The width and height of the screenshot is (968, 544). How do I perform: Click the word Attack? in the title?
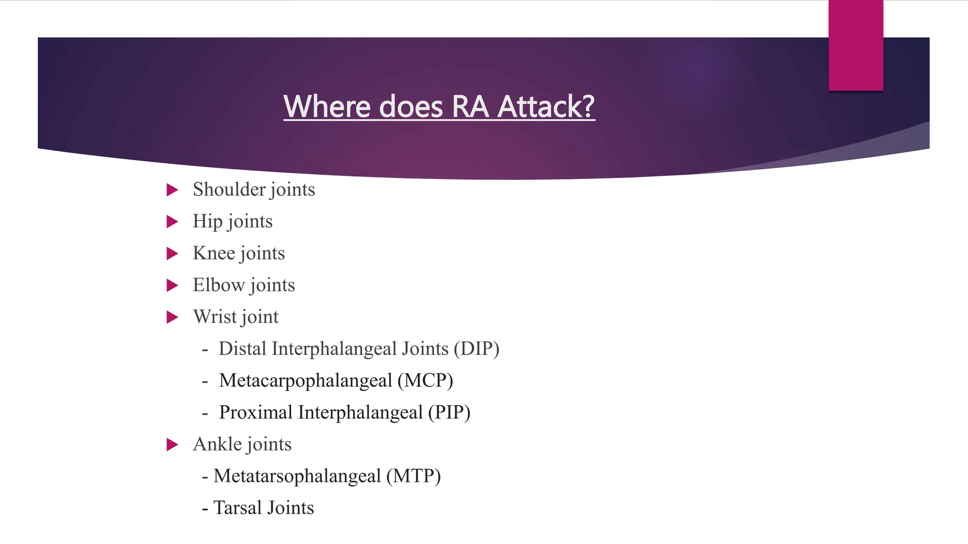point(546,106)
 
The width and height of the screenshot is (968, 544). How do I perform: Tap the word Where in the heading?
point(327,106)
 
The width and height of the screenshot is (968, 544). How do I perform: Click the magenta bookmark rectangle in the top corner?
point(856,45)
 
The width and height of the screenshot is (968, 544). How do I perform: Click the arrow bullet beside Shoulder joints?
point(173,190)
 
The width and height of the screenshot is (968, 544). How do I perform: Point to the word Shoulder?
point(229,189)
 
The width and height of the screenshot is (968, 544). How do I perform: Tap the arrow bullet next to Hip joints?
point(173,222)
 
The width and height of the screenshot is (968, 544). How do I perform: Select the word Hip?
point(207,221)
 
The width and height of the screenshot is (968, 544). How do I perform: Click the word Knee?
point(214,253)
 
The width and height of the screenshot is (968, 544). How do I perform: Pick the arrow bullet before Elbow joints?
point(173,286)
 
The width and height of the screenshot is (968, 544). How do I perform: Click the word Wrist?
point(215,317)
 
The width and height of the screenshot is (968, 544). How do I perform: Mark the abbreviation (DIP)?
point(476,349)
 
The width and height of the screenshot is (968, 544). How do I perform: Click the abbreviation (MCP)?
point(425,381)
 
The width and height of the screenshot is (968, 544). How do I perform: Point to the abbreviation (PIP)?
point(449,413)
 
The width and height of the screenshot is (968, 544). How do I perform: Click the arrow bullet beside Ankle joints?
point(173,445)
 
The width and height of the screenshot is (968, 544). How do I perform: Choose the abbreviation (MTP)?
point(414,476)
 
